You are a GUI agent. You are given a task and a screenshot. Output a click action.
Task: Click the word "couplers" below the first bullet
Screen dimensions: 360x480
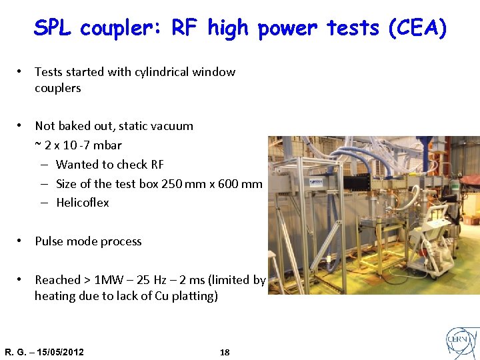coord(58,88)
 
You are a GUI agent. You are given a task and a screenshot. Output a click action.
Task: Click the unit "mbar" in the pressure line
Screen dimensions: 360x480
coord(108,145)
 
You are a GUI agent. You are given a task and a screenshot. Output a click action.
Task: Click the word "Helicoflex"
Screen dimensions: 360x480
coord(83,203)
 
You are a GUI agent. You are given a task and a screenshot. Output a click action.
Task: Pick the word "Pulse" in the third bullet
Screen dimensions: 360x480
coord(50,241)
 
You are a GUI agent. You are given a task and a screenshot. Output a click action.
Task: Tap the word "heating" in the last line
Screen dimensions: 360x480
coord(55,296)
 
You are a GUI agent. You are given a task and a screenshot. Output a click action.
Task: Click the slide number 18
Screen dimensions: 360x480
coord(225,352)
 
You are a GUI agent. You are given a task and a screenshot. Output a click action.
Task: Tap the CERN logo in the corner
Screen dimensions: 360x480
coord(462,343)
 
